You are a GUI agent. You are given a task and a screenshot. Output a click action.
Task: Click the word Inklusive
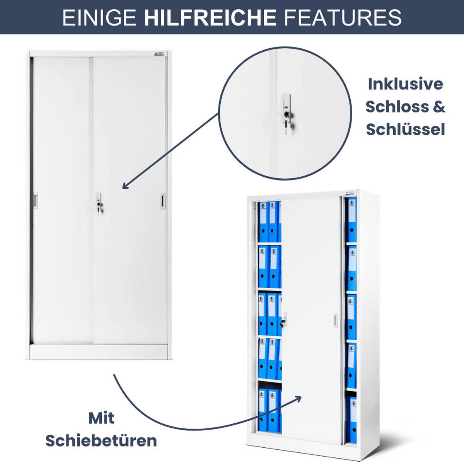tap(406, 84)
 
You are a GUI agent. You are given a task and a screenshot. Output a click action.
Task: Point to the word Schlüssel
tap(406, 129)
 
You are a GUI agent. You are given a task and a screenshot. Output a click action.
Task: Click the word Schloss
tap(397, 107)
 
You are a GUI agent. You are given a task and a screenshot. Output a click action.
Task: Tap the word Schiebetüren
tap(101, 441)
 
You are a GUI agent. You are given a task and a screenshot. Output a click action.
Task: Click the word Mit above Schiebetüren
tap(101, 418)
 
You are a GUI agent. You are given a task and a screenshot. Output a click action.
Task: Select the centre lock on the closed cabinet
tap(99, 203)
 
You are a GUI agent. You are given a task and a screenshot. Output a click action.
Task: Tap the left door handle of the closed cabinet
tap(36, 200)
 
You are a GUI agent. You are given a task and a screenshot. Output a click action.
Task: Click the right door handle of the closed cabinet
tap(163, 200)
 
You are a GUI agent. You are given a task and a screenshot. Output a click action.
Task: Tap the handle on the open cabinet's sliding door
tap(335, 320)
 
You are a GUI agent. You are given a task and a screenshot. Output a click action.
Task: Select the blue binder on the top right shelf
tap(351, 220)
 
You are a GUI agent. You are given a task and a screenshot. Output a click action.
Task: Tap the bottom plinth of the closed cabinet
tap(99, 352)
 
